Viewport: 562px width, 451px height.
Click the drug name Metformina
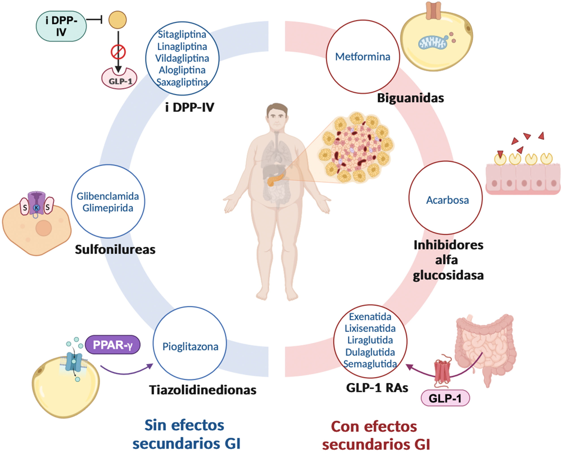pyautogui.click(x=363, y=57)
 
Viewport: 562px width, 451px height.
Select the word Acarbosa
pyautogui.click(x=447, y=200)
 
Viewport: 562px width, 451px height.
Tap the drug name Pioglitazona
pyautogui.click(x=190, y=346)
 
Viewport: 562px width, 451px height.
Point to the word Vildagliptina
pyautogui.click(x=182, y=58)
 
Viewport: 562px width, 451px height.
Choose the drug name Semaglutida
pyautogui.click(x=370, y=364)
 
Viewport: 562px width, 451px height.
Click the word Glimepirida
pyautogui.click(x=108, y=208)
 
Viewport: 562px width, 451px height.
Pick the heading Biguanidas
pyautogui.click(x=411, y=98)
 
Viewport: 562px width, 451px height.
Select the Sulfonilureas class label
pyautogui.click(x=115, y=250)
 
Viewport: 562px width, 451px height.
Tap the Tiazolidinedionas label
pyautogui.click(x=203, y=390)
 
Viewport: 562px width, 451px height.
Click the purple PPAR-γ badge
pyautogui.click(x=113, y=345)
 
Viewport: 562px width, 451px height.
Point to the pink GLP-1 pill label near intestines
pyautogui.click(x=445, y=398)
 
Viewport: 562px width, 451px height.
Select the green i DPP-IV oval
pyautogui.click(x=61, y=26)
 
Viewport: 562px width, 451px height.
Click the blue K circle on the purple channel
pyautogui.click(x=37, y=208)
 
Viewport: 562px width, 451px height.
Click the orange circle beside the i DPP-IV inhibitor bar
pyautogui.click(x=118, y=20)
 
